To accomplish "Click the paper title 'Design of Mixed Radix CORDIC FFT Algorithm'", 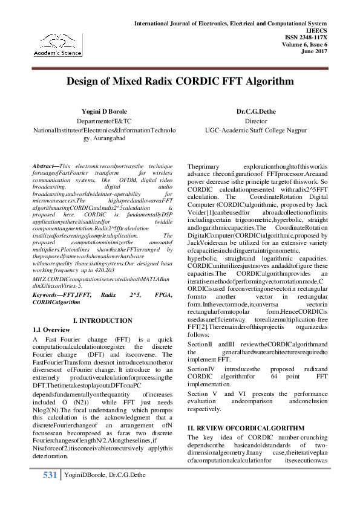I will (x=180, y=81).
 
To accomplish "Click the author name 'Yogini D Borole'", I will (x=104, y=112).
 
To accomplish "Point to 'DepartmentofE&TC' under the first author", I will (x=104, y=121).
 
